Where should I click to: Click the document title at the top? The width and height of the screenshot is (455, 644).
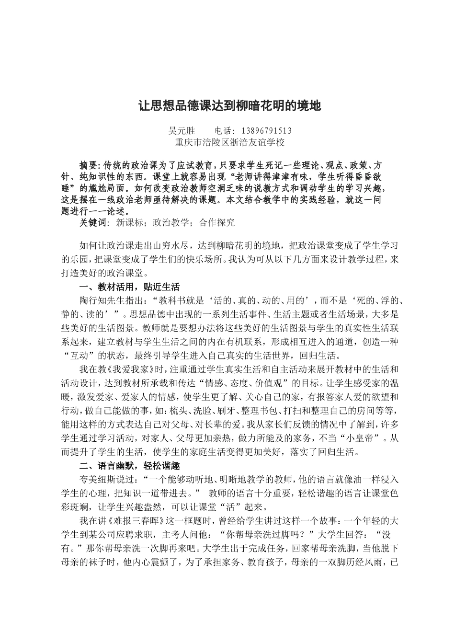(229, 105)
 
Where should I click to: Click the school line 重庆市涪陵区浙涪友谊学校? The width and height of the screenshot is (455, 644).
(229, 142)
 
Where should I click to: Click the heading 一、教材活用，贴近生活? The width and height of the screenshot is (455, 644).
(129, 287)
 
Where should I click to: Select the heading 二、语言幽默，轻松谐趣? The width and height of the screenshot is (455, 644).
(129, 466)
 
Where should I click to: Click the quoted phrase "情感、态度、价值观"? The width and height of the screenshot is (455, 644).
(259, 383)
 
